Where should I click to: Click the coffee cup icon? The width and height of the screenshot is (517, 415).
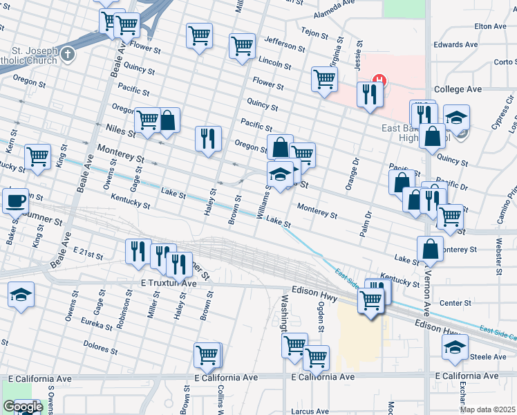pos(15,201)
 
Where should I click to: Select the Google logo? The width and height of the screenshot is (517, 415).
pos(23,406)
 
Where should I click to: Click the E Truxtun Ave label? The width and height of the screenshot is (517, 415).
pos(169,284)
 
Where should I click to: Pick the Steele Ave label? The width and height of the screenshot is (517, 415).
pos(490,357)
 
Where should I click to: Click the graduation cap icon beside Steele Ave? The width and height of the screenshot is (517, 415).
pos(455,347)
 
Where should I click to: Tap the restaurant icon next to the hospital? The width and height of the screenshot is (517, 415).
pos(369,94)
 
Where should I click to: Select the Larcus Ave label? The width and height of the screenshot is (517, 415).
pos(310,411)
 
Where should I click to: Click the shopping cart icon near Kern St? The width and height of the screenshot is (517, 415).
pos(37,156)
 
